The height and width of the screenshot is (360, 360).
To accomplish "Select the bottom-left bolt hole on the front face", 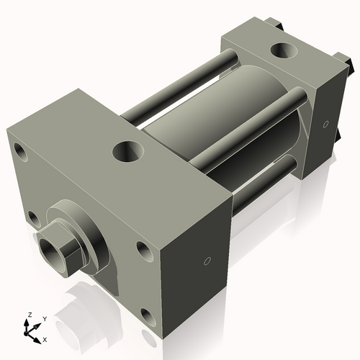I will tap(31, 215).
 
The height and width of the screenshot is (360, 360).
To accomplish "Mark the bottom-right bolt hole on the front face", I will tap(147, 314).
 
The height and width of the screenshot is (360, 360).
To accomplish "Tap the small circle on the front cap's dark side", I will tap(207, 261).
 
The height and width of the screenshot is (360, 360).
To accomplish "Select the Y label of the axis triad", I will tap(44, 318).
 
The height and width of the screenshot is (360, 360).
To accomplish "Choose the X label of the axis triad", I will tap(45, 338).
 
